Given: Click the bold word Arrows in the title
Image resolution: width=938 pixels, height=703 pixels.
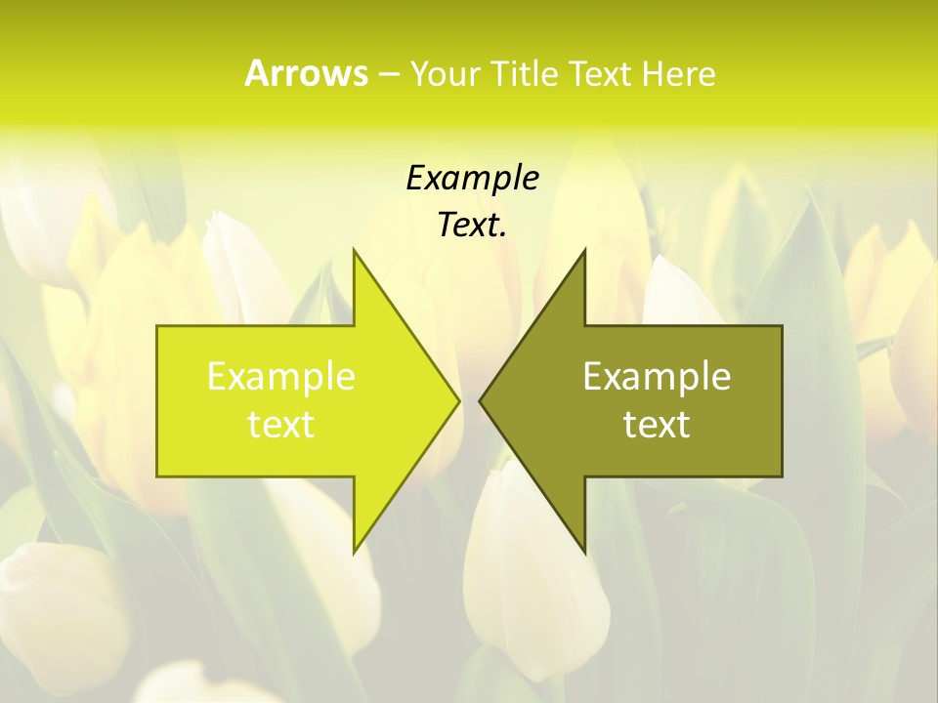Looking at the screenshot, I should pos(306,73).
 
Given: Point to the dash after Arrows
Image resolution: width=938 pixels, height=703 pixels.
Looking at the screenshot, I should pos(388,74).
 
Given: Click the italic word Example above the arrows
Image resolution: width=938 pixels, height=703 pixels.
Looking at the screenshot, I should pos(472,178).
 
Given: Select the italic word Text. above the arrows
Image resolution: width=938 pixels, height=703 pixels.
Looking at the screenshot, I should pos(472,225).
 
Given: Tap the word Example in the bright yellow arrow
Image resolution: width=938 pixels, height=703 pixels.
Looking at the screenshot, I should pos(281,377).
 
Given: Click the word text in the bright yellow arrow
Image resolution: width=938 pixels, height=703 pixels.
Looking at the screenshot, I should pos(281,425).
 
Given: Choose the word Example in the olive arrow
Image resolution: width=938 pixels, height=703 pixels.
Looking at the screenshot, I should pos(657,377).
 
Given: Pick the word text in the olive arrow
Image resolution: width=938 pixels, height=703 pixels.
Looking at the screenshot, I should pos(657,425).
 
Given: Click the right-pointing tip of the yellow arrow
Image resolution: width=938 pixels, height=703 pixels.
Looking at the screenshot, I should pos(457,400).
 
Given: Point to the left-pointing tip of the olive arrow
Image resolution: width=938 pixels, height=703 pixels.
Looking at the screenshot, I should pos(481,400).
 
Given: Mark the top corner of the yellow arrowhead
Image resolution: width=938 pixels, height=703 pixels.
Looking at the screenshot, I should pos(354,250).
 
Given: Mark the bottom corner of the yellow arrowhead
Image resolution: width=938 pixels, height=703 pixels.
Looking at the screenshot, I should pos(354,552).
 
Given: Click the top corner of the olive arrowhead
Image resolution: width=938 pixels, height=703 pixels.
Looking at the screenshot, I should pos(584,250).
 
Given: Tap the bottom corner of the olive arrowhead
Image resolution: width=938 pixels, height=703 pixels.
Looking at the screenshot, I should pos(584,552).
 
